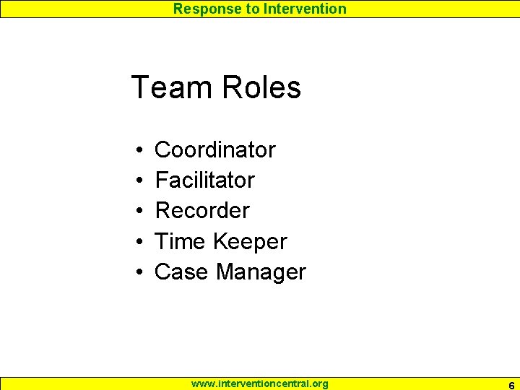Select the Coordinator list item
215,150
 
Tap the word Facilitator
205,181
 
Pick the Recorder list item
202,211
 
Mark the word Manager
261,273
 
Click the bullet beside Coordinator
137,151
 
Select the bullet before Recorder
137,212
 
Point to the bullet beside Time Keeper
137,242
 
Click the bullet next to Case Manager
137,273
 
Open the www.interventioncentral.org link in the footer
259,383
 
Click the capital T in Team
140,88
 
